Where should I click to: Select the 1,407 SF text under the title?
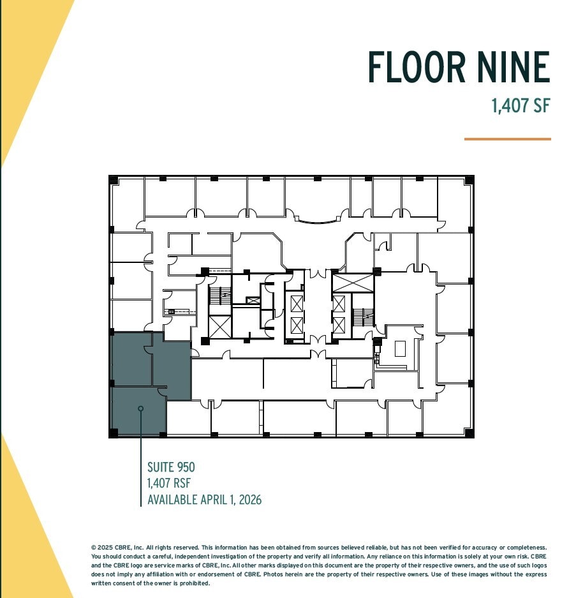click(520, 105)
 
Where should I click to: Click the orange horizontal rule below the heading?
click(507, 138)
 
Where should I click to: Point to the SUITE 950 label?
click(171, 468)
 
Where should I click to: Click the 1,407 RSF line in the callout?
click(169, 483)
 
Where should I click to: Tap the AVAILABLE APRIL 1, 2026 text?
click(204, 499)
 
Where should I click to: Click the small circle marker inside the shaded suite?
click(140, 408)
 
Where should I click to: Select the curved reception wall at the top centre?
click(317, 221)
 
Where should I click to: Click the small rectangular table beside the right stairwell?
click(400, 348)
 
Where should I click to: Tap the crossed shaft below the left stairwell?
click(219, 327)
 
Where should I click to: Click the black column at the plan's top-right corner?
click(469, 180)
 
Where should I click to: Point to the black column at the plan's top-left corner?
click(114, 180)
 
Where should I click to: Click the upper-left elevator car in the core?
click(297, 302)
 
